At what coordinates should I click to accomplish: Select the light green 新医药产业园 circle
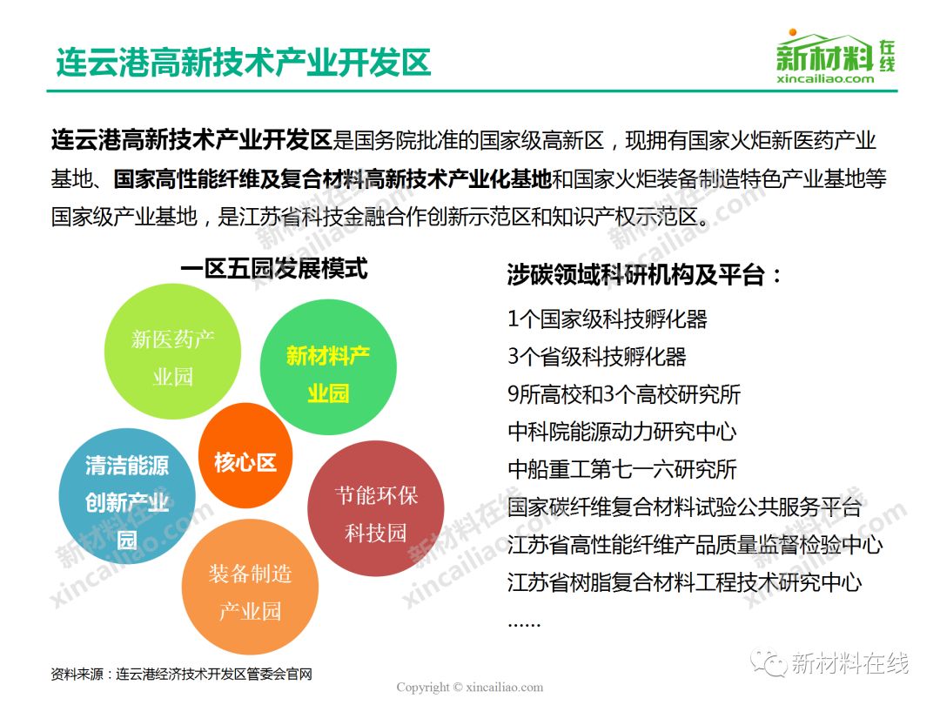(x=172, y=352)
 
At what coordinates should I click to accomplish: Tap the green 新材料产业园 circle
(x=328, y=367)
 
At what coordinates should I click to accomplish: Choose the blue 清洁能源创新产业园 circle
(x=127, y=496)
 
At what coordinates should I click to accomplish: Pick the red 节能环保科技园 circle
(x=376, y=508)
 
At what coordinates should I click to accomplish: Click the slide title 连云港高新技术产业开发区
(x=244, y=62)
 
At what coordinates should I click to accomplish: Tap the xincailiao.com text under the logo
(x=825, y=78)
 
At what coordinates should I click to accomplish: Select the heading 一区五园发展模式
(x=274, y=268)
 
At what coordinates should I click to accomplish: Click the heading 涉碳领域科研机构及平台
(x=644, y=275)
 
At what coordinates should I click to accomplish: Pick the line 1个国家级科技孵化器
(x=608, y=319)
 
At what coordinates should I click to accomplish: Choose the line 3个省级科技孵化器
(x=596, y=357)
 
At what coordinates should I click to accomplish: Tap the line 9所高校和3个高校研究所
(x=624, y=394)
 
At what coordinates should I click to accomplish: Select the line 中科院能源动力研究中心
(x=621, y=432)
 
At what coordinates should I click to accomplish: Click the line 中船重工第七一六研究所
(x=621, y=469)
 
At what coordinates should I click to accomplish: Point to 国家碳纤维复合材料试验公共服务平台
(x=685, y=507)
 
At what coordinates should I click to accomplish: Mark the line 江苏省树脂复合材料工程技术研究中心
(x=685, y=582)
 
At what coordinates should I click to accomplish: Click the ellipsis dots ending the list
(x=524, y=625)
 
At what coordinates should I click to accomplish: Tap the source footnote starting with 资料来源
(x=182, y=675)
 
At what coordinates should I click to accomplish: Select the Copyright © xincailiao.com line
(x=470, y=687)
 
